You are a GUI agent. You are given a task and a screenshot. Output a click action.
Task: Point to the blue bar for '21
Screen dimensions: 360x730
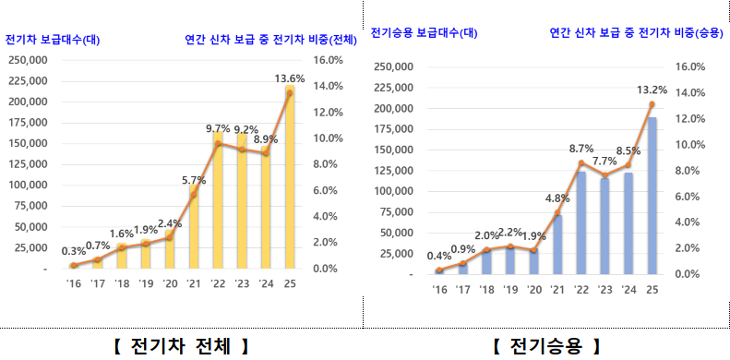(x=557, y=244)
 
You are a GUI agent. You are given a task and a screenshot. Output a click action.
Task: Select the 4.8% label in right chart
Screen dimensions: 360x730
(x=557, y=198)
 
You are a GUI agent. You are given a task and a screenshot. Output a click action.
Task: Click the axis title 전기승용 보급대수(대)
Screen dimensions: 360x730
(x=424, y=33)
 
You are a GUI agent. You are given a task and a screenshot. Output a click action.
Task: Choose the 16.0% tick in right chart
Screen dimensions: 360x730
(x=690, y=67)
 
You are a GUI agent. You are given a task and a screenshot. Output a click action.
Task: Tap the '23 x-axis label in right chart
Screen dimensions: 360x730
(x=604, y=289)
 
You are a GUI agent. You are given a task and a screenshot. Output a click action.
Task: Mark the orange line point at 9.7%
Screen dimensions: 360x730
(x=219, y=143)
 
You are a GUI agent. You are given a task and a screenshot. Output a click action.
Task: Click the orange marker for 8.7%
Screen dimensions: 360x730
(x=581, y=162)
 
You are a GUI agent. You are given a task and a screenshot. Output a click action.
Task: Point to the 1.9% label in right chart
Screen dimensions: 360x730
(x=533, y=236)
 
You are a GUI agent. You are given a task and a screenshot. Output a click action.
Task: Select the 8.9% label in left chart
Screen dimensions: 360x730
(x=266, y=138)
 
